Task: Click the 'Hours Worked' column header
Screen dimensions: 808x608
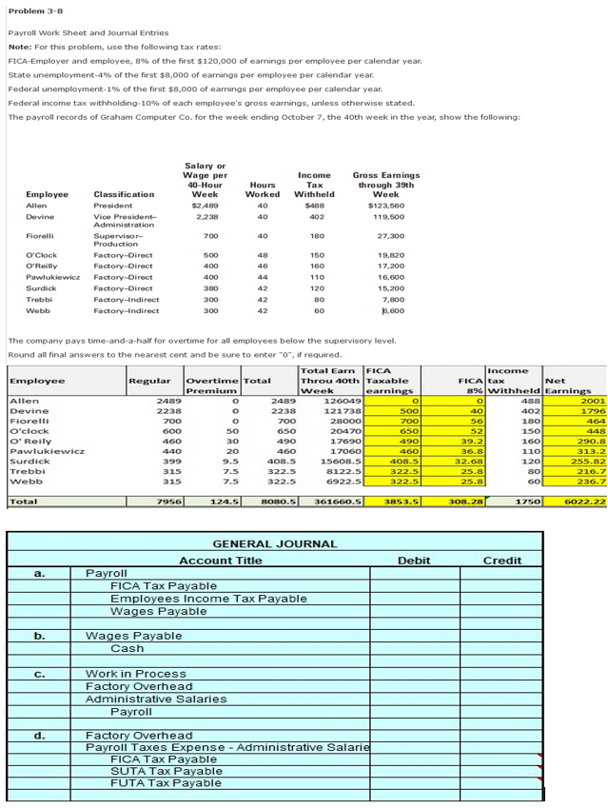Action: point(263,188)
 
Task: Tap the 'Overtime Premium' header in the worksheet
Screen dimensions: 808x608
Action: point(211,385)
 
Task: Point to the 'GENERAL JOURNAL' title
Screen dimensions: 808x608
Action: point(274,543)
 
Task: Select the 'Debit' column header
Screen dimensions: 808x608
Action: point(414,561)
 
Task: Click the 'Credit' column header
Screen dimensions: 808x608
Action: point(501,561)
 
